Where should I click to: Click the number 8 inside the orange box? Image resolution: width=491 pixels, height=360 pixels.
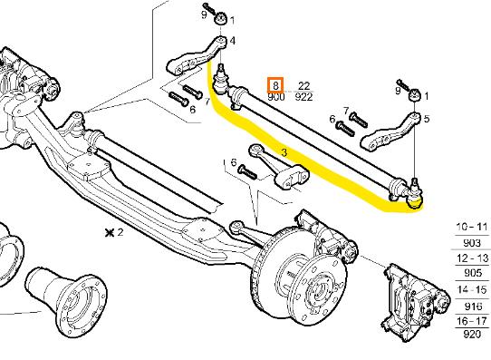275,85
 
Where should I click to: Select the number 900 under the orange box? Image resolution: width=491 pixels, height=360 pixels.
276,97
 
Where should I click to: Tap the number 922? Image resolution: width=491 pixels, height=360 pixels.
303,97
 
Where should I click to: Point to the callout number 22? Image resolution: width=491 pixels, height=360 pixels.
303,85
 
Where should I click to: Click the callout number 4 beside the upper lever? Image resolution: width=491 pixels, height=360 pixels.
232,41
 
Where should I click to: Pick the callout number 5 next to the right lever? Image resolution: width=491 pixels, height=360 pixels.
427,119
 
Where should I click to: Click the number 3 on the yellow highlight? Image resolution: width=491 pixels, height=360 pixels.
284,152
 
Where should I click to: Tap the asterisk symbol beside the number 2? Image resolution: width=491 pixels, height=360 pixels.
110,233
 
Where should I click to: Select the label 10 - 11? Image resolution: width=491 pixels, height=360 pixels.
472,227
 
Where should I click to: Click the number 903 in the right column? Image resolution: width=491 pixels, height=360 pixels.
472,243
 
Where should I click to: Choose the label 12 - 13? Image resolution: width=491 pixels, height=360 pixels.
473,258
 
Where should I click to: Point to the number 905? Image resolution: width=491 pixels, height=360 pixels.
473,273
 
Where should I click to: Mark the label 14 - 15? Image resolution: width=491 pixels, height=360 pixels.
473,289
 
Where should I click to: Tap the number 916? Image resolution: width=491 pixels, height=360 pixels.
473,306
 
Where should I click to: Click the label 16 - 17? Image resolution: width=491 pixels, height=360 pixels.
472,321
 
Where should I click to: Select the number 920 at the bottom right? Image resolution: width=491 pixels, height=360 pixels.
472,335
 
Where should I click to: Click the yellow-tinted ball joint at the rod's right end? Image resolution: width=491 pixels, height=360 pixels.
415,196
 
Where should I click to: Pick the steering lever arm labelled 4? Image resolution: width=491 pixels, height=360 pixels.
196,57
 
